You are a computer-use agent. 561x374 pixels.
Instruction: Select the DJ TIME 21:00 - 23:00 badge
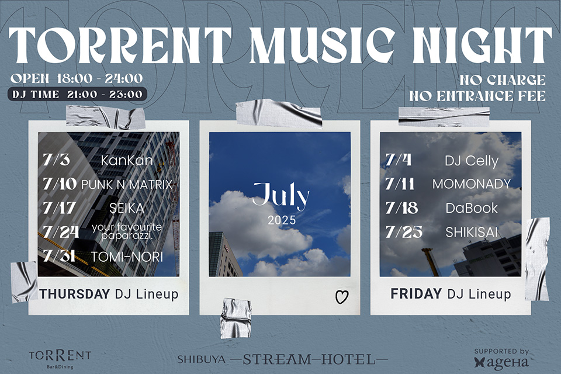click(77, 94)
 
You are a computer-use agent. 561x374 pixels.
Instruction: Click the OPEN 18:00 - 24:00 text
click(77, 78)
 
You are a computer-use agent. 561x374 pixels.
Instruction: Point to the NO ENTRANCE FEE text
click(477, 96)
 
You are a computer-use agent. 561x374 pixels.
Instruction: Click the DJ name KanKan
click(127, 160)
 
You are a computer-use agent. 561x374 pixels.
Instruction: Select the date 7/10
click(60, 184)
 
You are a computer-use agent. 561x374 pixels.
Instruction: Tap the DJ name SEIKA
click(127, 208)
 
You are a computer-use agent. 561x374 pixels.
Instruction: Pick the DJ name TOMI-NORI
click(127, 257)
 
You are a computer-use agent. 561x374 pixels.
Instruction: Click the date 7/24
click(60, 232)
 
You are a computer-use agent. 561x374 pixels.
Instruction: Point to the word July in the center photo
click(281, 196)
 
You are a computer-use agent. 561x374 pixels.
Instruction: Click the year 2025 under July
click(282, 220)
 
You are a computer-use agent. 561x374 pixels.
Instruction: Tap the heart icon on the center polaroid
click(342, 297)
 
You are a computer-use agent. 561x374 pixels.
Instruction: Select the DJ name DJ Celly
click(472, 161)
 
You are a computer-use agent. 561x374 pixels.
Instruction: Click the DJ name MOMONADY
click(472, 184)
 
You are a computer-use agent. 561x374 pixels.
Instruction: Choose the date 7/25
click(404, 232)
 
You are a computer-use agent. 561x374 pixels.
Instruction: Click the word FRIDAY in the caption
click(416, 294)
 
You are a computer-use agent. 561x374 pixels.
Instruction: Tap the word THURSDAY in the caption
click(75, 294)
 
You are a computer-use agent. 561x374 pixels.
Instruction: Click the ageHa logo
click(501, 359)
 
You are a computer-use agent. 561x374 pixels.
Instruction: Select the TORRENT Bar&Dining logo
click(60, 358)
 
